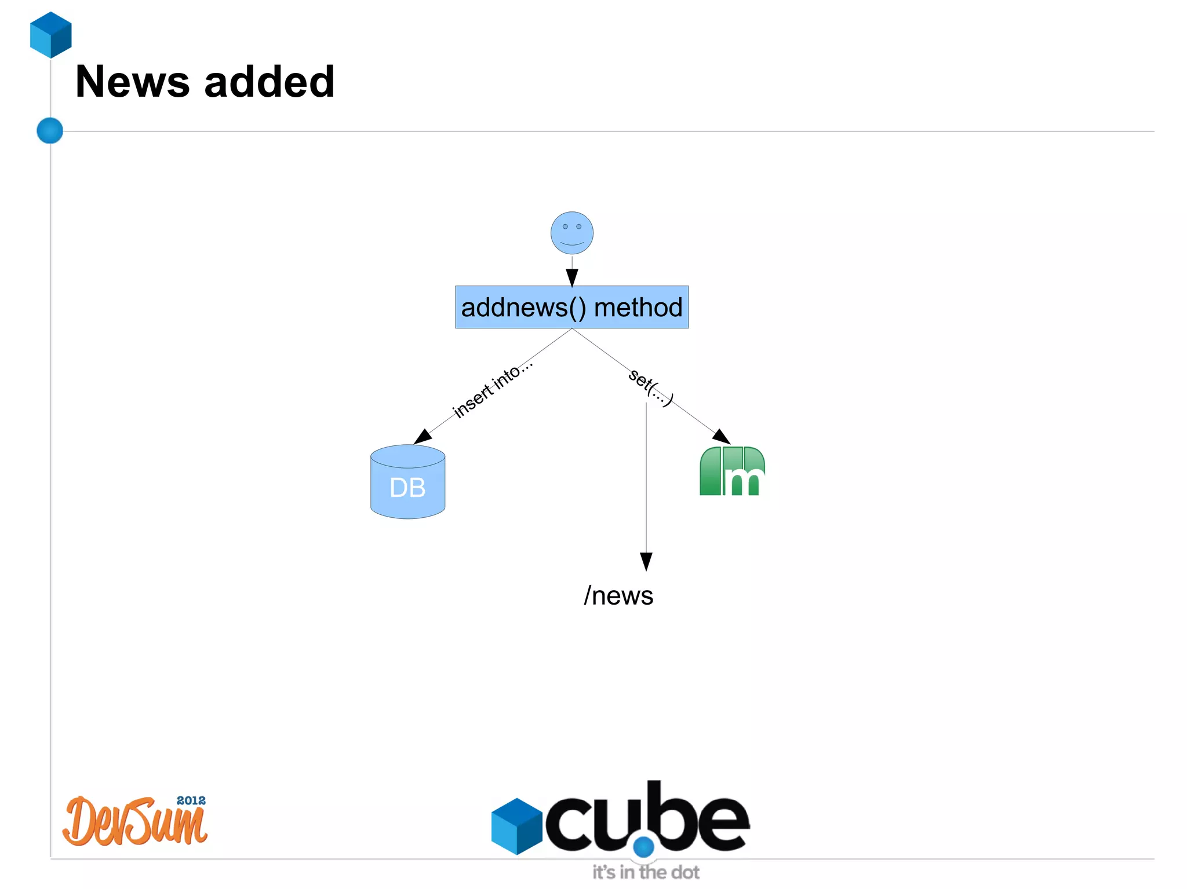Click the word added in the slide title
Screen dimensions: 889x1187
270,82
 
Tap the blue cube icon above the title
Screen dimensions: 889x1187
51,35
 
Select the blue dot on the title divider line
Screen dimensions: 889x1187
50,130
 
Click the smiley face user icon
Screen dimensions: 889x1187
571,233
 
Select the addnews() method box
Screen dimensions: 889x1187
571,307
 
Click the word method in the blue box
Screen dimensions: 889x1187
638,307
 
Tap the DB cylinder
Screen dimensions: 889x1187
407,482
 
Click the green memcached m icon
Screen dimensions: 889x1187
732,471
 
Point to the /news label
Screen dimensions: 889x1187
618,595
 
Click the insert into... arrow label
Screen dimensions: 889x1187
492,389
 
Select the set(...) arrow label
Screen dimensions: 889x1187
651,387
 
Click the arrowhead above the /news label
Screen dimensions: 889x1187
646,561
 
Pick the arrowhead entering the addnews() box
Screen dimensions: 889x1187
572,277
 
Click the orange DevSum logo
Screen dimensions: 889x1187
134,822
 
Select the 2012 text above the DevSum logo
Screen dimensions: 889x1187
191,800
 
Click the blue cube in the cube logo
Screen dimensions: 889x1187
516,826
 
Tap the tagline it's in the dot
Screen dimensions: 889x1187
646,872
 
